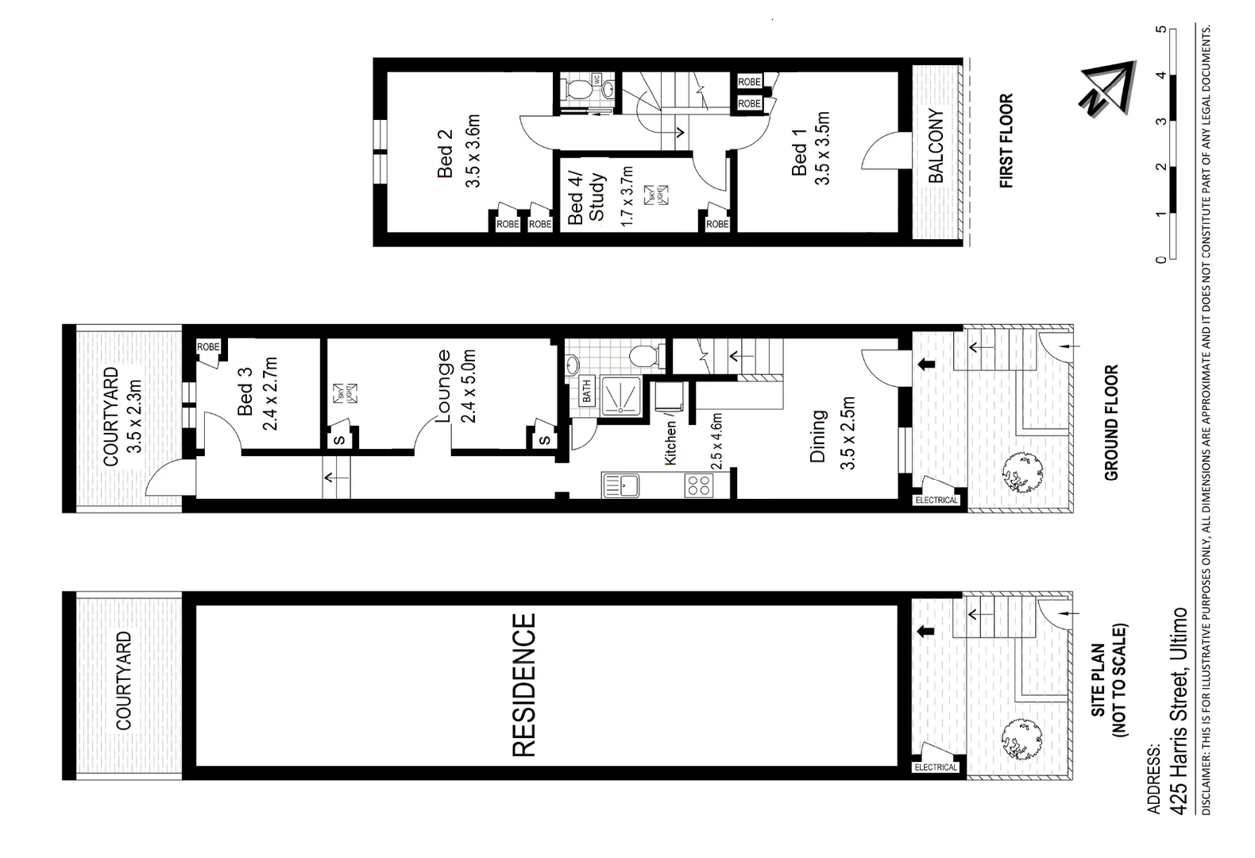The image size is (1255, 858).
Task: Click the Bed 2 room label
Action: tap(445, 153)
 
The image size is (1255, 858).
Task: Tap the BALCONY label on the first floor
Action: tap(936, 147)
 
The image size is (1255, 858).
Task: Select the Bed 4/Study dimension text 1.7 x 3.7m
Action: tap(627, 196)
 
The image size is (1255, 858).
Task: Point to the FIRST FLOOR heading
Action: tap(1006, 142)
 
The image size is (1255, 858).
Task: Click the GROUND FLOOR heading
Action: tap(1110, 422)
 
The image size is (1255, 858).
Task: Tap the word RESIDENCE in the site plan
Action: tap(524, 685)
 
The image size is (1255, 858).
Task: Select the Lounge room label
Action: tap(442, 386)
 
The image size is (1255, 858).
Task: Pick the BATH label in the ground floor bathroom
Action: tap(587, 390)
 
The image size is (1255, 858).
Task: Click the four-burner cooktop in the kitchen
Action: tap(698, 485)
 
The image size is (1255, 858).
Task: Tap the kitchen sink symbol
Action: tap(622, 485)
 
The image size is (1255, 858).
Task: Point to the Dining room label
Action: tap(817, 436)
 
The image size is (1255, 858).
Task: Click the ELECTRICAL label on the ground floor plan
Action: tap(936, 500)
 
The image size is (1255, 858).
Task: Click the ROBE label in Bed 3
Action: tap(208, 347)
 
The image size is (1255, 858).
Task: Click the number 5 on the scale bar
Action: tap(1162, 29)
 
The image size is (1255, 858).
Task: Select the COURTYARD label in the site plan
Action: tap(124, 681)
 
